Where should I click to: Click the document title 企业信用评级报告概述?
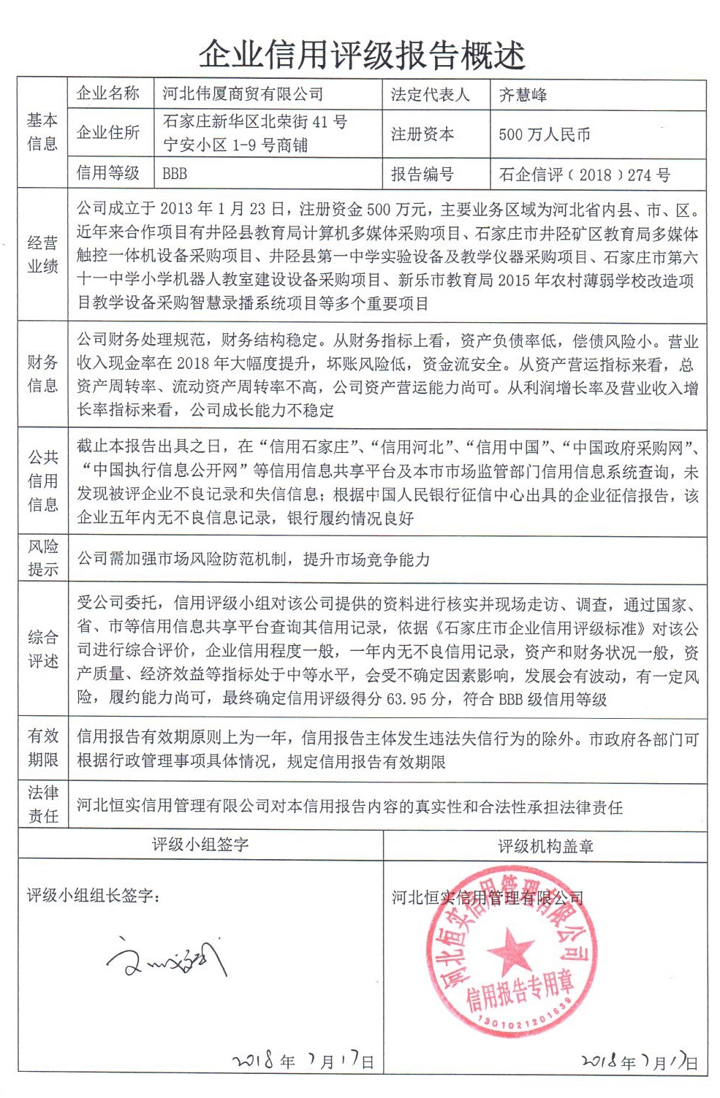362,56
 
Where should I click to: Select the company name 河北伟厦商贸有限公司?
243,94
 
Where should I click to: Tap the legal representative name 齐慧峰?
523,95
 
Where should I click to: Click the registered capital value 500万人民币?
544,134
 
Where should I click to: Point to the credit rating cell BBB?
175,174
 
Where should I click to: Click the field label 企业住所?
108,132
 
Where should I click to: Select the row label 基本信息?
42,132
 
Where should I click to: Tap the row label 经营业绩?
42,255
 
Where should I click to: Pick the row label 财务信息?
42,374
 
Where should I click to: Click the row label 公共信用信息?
42,481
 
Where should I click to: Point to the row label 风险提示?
42,558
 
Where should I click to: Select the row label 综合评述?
42,649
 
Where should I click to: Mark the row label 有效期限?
42,748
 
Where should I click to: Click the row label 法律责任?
42,804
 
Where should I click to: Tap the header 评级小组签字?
200,845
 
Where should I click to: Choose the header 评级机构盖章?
545,847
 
